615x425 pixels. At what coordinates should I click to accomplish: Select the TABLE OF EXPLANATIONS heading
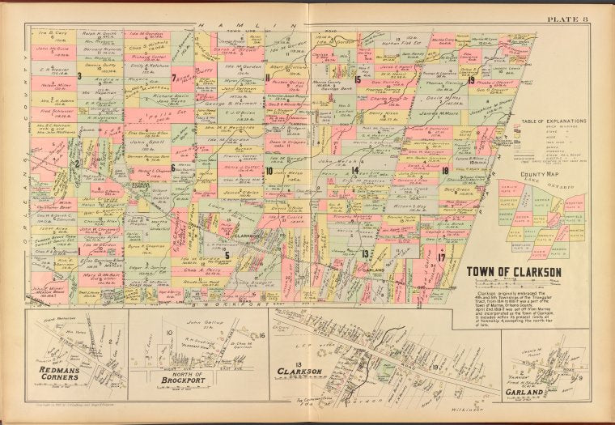tap(542, 121)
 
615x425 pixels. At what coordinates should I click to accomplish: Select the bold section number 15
tap(357, 79)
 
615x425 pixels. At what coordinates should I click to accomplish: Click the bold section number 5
tap(227, 255)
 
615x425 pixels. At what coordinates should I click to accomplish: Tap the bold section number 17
tap(440, 257)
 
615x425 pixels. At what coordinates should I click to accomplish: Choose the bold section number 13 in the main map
tap(366, 253)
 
